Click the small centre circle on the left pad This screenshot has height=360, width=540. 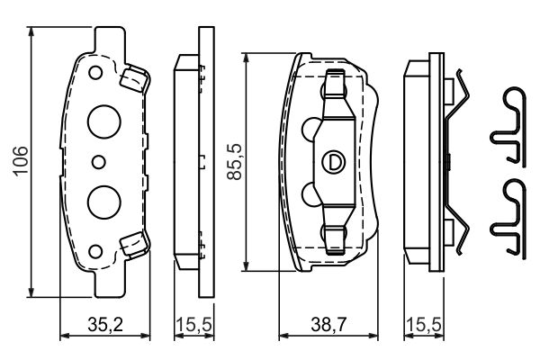tap(100, 162)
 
